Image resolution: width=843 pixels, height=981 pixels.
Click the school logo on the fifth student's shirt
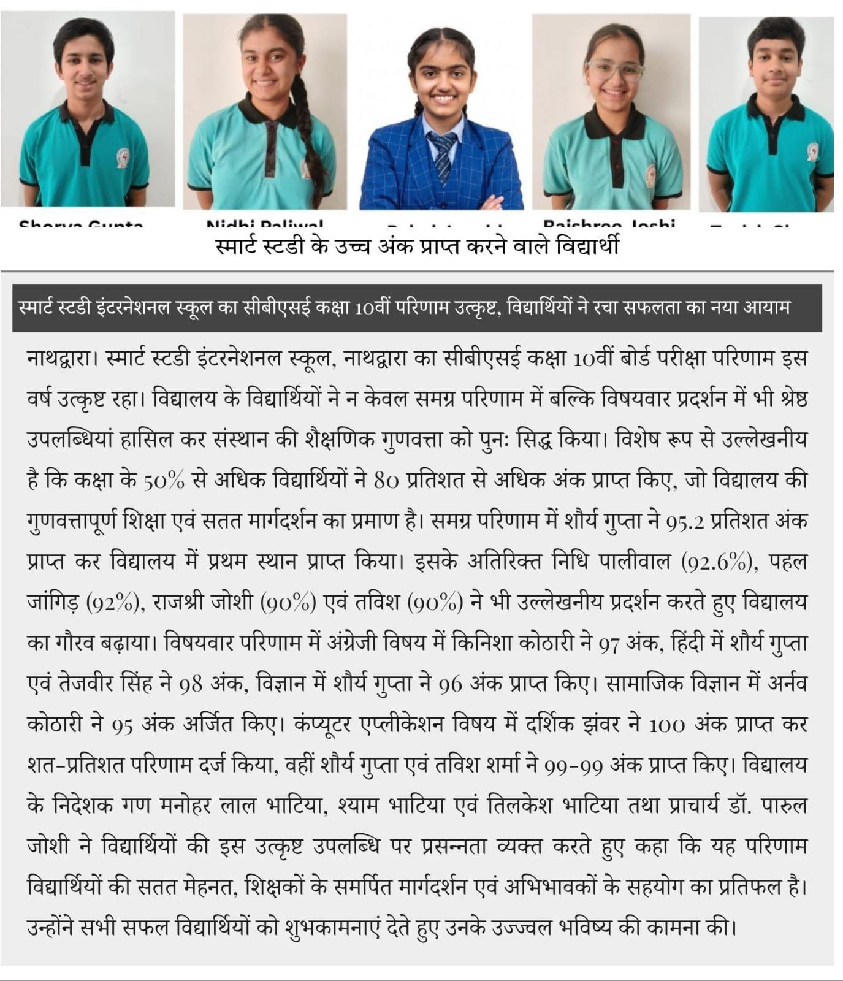812,151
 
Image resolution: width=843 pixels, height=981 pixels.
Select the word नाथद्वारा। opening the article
61,359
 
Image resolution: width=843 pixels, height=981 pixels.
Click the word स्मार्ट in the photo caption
240,246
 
